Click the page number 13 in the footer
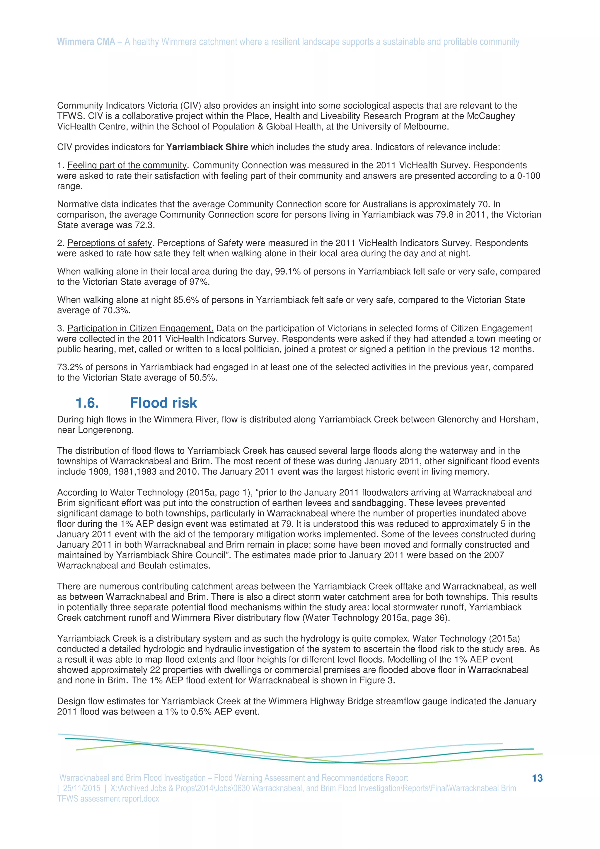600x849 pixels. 537,778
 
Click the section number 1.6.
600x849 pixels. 87,403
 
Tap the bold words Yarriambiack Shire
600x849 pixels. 207,147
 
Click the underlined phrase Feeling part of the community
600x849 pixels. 127,165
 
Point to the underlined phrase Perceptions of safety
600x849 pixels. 110,243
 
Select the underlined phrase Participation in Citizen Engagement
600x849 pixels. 140,328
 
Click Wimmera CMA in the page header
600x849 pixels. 86,42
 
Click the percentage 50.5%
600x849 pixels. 203,378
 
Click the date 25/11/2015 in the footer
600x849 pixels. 81,788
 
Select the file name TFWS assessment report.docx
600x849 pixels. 108,799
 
